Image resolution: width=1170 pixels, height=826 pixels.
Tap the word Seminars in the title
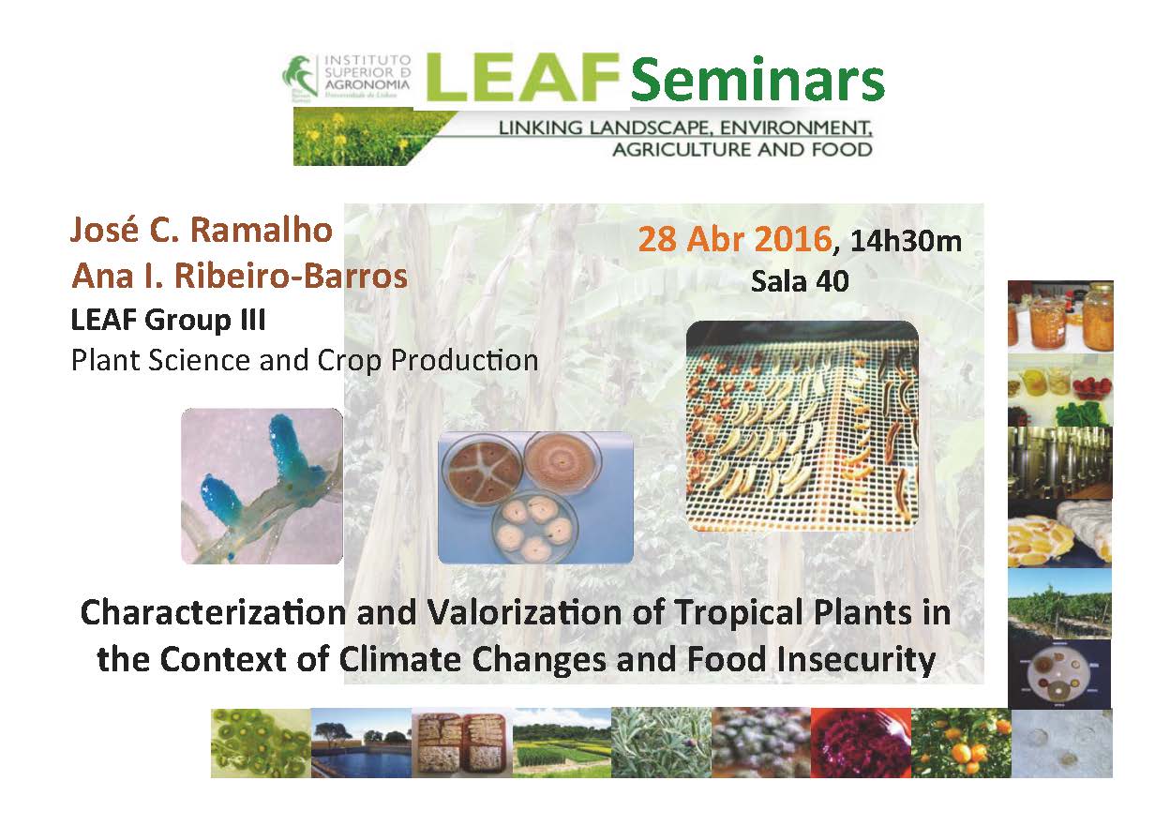tap(757, 80)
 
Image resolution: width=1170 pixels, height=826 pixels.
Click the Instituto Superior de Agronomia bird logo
tap(300, 77)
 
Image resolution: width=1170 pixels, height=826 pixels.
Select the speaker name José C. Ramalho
tap(201, 230)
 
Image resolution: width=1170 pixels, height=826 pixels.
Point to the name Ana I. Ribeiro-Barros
tap(240, 276)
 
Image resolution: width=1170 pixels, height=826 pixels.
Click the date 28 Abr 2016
tap(735, 239)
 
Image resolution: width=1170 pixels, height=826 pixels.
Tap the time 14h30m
tap(906, 241)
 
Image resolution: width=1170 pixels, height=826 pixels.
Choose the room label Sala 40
tap(800, 281)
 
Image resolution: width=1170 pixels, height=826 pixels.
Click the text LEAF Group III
tap(168, 319)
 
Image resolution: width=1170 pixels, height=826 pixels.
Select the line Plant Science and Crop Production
tap(305, 360)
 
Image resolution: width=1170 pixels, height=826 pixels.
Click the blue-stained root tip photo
tap(262, 486)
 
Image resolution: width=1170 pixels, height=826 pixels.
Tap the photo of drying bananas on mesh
tap(802, 427)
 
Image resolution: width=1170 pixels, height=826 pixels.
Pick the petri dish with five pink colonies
tap(534, 528)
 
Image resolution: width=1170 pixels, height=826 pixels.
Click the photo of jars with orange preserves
tap(1060, 316)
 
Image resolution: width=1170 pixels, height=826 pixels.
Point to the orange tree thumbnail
tap(961, 743)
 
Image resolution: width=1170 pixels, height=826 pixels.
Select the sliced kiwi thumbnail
tap(261, 743)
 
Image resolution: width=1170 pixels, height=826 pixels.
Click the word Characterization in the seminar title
tap(213, 612)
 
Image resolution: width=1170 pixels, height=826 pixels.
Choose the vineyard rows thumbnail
tap(1059, 603)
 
